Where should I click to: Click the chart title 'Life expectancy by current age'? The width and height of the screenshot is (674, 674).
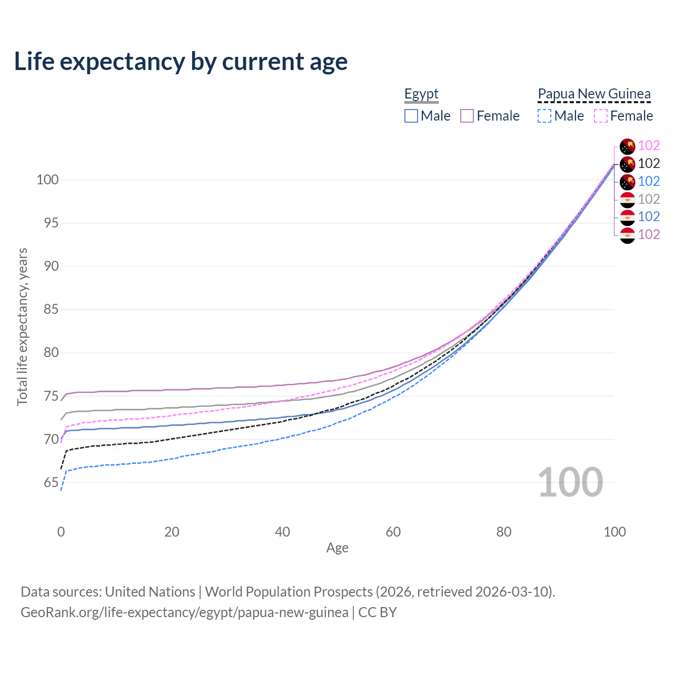click(x=181, y=62)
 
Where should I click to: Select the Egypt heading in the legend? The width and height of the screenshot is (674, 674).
click(x=421, y=94)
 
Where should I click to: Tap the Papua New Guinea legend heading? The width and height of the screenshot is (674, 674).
click(x=594, y=94)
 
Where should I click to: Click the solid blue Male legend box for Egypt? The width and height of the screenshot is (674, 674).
click(x=411, y=116)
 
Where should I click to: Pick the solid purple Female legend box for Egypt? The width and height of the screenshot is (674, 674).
click(x=467, y=116)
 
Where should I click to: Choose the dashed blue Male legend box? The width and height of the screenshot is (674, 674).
click(x=544, y=116)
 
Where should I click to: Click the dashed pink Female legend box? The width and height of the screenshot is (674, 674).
click(x=601, y=116)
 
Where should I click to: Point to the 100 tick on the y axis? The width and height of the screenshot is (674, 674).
click(x=47, y=180)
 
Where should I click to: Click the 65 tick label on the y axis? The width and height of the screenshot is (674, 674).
click(x=51, y=482)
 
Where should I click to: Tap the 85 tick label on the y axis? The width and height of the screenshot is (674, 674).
click(x=51, y=309)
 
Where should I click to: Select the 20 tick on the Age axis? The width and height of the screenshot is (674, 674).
click(x=172, y=532)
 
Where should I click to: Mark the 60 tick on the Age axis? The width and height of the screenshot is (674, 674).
click(x=393, y=532)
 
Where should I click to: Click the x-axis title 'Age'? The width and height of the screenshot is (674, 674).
click(x=337, y=548)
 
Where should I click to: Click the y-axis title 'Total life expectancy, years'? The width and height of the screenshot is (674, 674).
click(x=23, y=327)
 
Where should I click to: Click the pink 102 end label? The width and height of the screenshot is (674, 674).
click(x=649, y=145)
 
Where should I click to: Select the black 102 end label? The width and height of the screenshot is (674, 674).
click(x=649, y=163)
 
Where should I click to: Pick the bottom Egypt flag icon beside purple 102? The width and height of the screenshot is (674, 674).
click(x=628, y=235)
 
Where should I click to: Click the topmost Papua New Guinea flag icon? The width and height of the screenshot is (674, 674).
click(x=628, y=146)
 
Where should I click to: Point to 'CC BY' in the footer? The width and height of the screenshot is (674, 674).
click(x=378, y=612)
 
